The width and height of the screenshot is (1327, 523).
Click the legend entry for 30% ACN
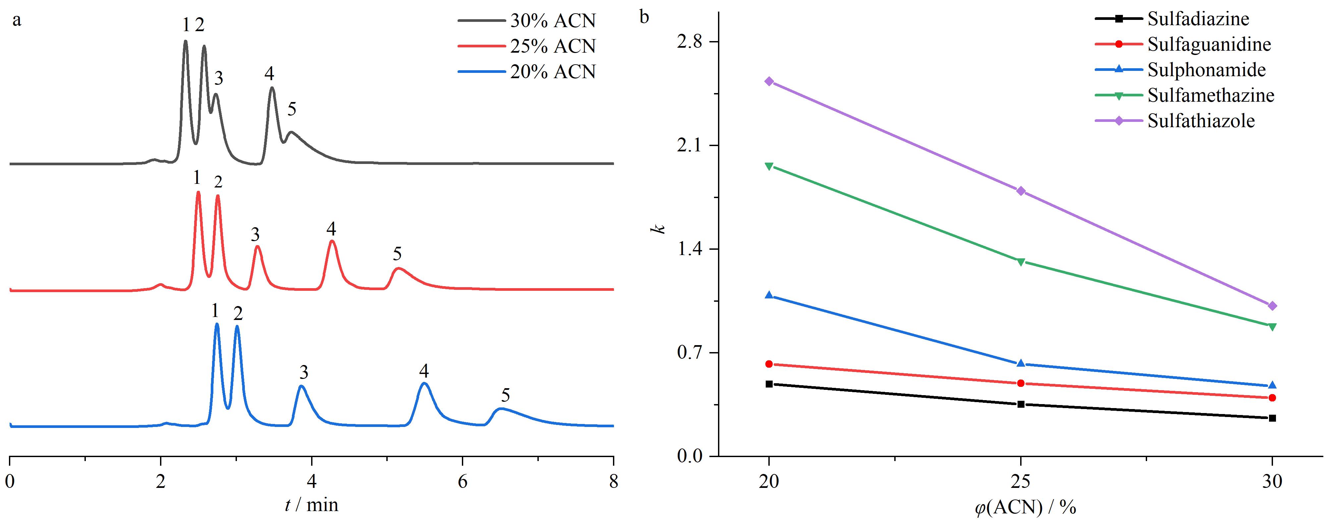click(x=526, y=21)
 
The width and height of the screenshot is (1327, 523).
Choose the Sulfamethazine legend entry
click(x=1185, y=95)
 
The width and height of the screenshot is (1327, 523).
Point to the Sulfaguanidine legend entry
click(x=1183, y=44)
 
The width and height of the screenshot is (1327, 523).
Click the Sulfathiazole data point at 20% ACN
click(x=769, y=81)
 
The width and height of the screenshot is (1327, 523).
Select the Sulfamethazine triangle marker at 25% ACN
click(x=1021, y=262)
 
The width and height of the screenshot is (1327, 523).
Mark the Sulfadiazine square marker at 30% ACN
click(x=1272, y=418)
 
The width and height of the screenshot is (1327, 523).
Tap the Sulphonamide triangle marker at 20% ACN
click(x=769, y=295)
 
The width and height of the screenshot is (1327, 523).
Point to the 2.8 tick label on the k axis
click(x=690, y=42)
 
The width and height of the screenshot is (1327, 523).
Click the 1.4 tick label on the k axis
click(x=690, y=249)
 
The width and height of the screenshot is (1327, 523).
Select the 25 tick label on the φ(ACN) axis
click(x=1021, y=481)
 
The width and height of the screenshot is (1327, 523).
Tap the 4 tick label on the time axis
click(x=312, y=481)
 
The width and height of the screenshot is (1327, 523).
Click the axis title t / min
click(x=312, y=505)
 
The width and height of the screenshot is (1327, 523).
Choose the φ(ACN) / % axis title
click(x=1021, y=508)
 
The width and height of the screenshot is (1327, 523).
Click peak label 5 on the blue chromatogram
click(x=505, y=395)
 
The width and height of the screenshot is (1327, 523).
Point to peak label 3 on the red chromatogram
click(x=255, y=235)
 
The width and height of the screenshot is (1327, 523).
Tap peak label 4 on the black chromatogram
click(x=269, y=74)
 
